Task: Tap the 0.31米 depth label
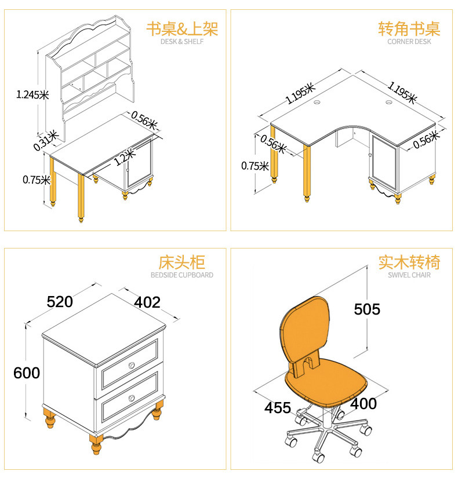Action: point(46,140)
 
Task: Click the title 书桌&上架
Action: point(182,29)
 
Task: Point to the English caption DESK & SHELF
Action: point(182,42)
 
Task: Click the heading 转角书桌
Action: point(409,29)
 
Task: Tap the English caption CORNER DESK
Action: point(409,42)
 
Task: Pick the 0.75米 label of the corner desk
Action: point(255,166)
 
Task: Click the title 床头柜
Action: point(182,262)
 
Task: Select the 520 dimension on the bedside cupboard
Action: point(60,302)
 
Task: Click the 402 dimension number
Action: point(147,302)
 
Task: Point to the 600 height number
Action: point(27,373)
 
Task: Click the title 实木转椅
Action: point(409,262)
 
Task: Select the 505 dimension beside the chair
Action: point(367,309)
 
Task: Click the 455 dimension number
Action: point(278,407)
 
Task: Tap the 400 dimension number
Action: point(364,404)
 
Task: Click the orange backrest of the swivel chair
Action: point(307,330)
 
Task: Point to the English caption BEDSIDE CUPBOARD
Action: point(182,275)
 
